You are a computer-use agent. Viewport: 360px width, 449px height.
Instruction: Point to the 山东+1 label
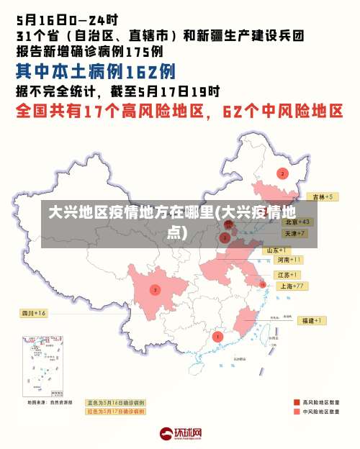278,250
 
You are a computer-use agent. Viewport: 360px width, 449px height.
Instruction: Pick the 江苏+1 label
287,275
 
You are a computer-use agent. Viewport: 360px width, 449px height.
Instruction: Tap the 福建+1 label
312,320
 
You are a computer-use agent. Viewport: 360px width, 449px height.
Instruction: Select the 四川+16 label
33,313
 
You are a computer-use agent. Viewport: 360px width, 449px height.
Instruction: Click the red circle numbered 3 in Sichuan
155,290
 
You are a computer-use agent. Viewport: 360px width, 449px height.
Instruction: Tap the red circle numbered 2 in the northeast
282,173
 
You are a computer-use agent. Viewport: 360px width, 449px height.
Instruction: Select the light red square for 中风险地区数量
297,412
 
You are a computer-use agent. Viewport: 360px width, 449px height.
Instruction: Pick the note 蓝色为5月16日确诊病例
115,402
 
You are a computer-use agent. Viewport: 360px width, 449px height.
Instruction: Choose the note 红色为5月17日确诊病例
115,412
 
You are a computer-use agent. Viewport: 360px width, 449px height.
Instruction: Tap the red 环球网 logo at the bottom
180,433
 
